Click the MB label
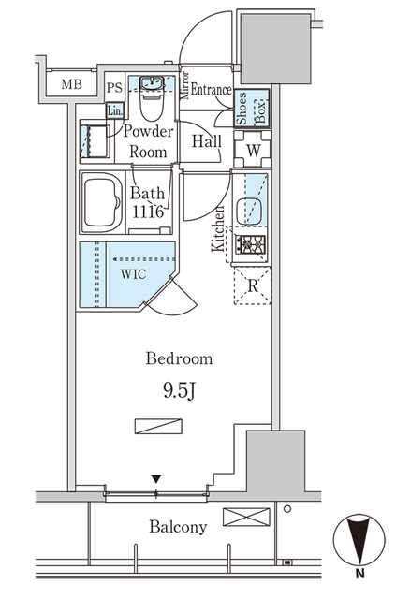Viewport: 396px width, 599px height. (x=71, y=85)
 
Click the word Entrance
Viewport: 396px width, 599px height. (x=213, y=90)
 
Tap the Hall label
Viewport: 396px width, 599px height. (x=206, y=140)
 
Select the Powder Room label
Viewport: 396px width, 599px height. (x=147, y=141)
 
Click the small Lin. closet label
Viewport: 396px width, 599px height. (x=114, y=110)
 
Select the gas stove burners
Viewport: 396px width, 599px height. (x=251, y=246)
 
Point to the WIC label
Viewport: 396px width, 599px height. (x=133, y=275)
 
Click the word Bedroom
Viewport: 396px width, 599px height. (x=179, y=358)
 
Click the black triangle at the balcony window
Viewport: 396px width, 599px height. (x=156, y=480)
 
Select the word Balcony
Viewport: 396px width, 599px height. (x=178, y=527)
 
